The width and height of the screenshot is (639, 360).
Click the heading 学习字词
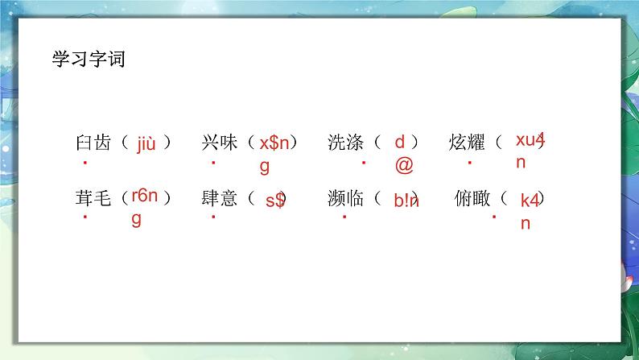(x=89, y=59)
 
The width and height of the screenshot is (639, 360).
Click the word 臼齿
(x=93, y=143)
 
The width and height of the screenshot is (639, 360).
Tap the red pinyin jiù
(x=146, y=144)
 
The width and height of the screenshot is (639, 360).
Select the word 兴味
(x=219, y=143)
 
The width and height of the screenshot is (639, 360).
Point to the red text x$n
(x=274, y=143)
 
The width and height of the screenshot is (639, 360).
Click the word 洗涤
(x=345, y=143)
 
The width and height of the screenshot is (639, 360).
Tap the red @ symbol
(x=404, y=165)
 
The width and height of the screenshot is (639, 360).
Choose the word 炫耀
(x=467, y=143)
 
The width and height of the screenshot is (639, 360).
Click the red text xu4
(x=530, y=140)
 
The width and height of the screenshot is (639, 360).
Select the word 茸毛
(x=93, y=198)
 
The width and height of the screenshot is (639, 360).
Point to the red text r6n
(x=145, y=196)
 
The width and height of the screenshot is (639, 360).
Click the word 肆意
(x=219, y=198)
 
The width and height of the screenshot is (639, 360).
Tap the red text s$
(x=275, y=201)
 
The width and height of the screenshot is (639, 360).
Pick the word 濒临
(x=345, y=198)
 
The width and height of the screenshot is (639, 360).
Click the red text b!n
(x=406, y=201)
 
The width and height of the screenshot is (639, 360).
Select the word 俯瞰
(x=472, y=198)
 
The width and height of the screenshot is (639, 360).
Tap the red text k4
(x=530, y=201)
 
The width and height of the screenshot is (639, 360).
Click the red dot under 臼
(x=85, y=162)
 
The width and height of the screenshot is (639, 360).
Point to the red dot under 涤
(x=364, y=162)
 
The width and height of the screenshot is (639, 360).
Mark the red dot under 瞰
(x=494, y=217)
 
